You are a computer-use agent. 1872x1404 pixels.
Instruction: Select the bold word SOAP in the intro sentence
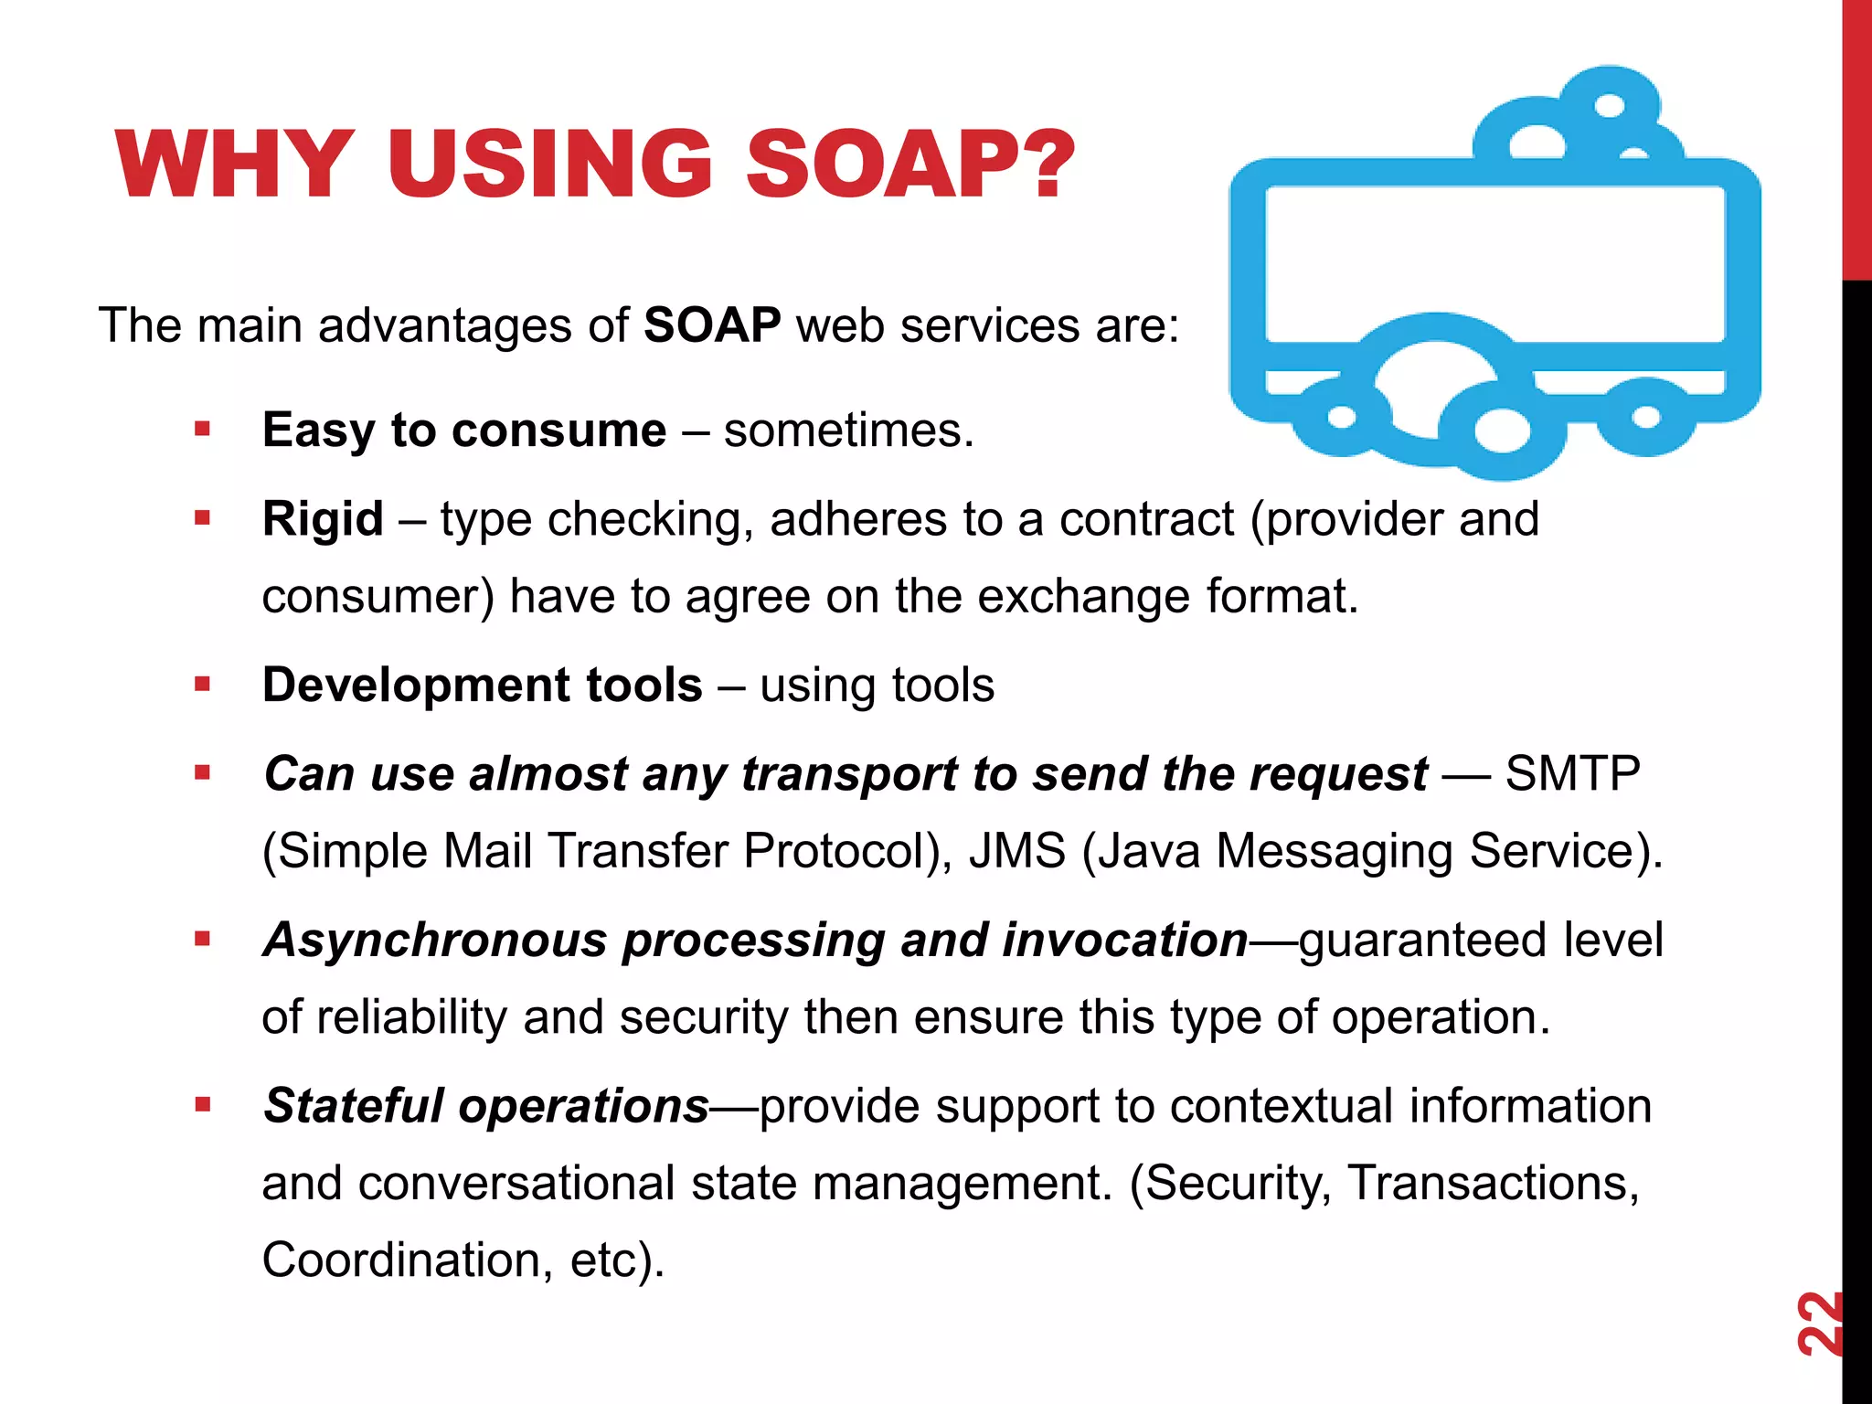pos(712,325)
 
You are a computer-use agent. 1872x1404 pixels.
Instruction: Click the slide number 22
pos(1818,1324)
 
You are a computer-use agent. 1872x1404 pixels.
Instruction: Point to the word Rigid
pos(323,519)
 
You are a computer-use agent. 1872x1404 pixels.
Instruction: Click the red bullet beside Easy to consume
pos(203,429)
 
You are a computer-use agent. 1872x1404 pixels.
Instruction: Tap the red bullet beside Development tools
pos(203,684)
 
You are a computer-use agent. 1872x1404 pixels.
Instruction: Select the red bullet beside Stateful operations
pos(203,1104)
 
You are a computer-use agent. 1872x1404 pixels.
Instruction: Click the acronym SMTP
pos(1572,774)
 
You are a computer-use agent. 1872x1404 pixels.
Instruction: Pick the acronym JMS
pos(1016,851)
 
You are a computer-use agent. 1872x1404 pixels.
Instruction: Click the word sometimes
pos(847,430)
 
